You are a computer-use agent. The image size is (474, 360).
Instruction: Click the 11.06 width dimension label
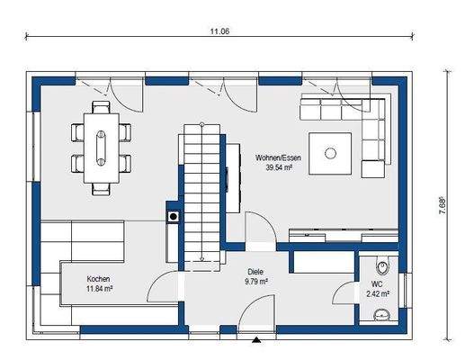coord(219,31)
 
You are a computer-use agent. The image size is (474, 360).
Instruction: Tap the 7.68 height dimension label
coord(443,206)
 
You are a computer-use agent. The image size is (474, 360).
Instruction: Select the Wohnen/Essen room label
coord(278,157)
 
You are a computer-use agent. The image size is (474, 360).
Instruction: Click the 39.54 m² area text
coord(279,167)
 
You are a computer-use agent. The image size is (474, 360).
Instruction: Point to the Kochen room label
coord(98,279)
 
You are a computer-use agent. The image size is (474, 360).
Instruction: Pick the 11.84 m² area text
coord(100,289)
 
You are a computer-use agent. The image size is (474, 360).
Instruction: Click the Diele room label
coord(255,272)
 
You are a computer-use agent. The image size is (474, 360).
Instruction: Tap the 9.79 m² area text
coord(256,282)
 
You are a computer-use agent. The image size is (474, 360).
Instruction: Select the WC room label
coord(377,284)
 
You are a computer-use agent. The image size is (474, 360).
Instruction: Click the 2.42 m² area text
coord(378,293)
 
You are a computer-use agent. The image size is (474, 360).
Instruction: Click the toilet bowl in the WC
coord(382,266)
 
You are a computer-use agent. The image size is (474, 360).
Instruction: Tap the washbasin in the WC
coord(382,315)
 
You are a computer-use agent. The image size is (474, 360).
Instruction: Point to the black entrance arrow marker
coord(256,340)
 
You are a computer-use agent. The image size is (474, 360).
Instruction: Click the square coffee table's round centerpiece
coord(330,153)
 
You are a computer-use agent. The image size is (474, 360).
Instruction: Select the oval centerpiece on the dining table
coord(101,148)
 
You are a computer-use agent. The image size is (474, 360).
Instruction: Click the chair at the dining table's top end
coord(101,107)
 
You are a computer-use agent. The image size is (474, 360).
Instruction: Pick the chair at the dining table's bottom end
coord(101,189)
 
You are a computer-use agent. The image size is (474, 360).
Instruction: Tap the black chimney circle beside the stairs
coord(174,216)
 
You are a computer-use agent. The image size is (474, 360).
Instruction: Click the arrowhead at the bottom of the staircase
coord(201,258)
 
